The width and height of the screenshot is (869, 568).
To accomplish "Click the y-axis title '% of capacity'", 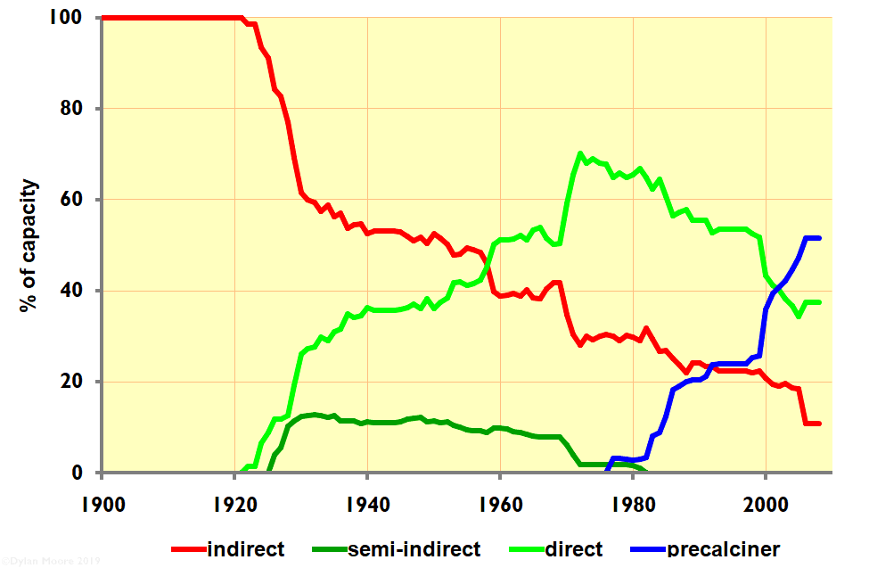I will tap(30, 245).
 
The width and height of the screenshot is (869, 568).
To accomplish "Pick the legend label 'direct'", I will tap(573, 548).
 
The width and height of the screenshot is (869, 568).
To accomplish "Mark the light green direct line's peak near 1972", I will tap(580, 153).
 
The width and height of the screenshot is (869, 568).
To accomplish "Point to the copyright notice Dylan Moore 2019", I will tap(51, 561).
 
